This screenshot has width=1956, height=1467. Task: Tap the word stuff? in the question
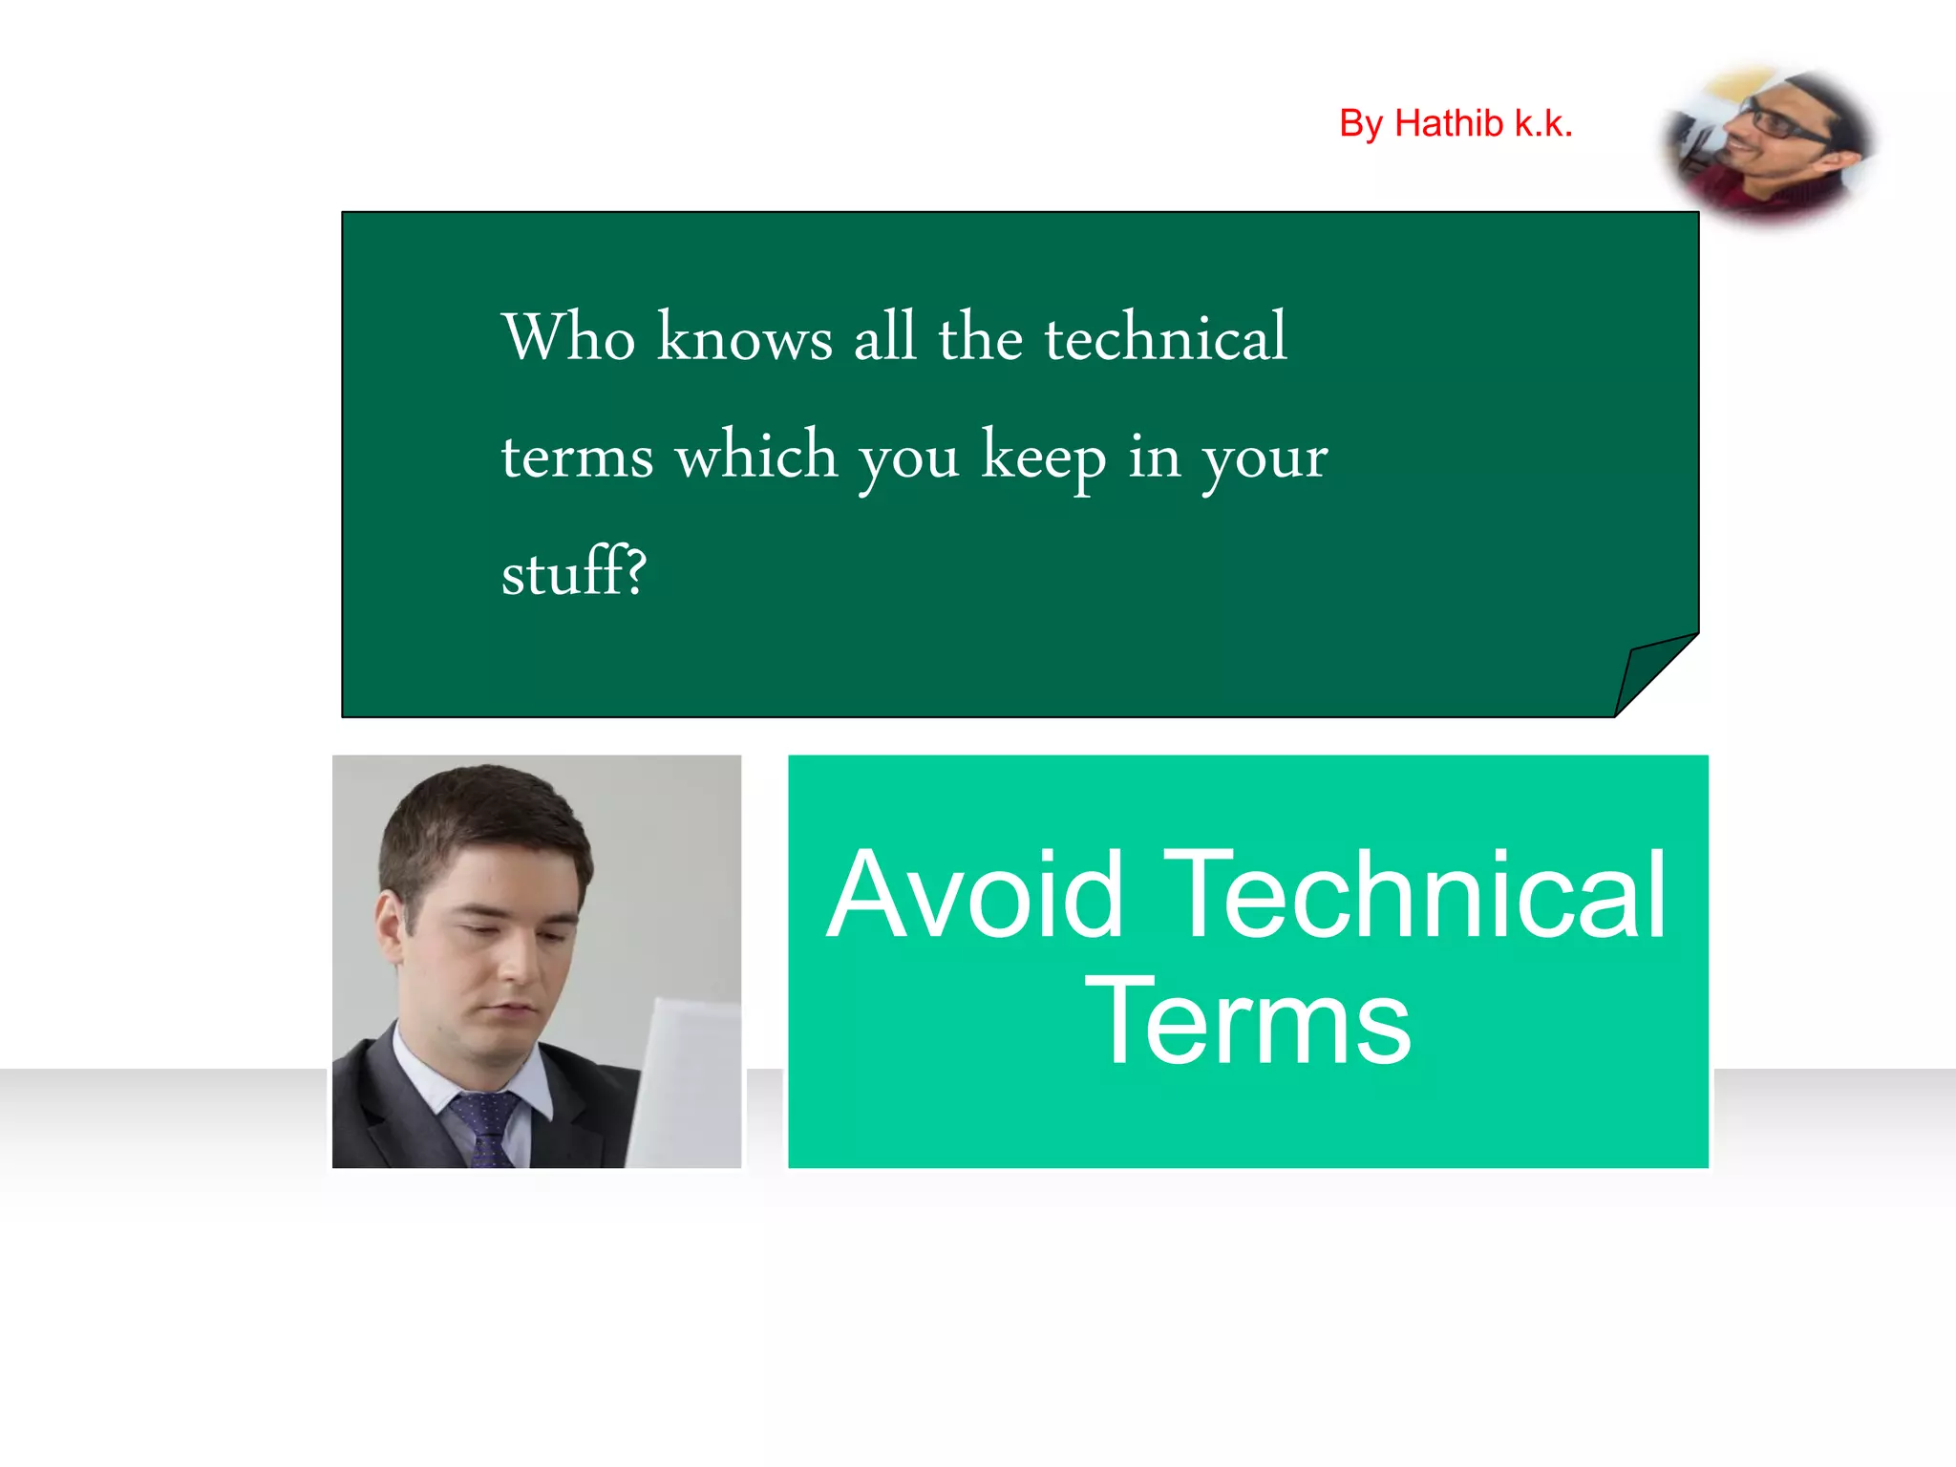tap(574, 572)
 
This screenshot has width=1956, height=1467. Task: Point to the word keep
tap(1044, 457)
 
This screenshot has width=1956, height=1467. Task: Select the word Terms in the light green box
tap(1247, 1022)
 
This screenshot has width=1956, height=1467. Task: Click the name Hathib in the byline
tap(1449, 124)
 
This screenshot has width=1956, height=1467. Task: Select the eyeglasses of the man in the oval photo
tap(1783, 124)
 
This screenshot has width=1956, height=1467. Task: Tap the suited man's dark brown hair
tap(478, 812)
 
